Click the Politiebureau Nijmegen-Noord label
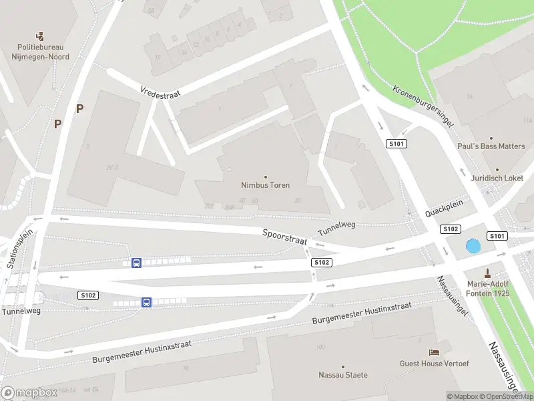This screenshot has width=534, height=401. (x=43, y=52)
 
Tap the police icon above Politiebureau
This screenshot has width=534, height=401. (x=41, y=35)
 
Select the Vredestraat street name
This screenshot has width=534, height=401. (x=160, y=93)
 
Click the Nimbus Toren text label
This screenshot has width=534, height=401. (x=266, y=185)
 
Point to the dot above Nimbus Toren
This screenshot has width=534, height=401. (x=266, y=176)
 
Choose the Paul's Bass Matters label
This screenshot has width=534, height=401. (x=491, y=146)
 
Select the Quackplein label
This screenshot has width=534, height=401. (x=443, y=213)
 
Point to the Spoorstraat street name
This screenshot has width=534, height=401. (x=284, y=237)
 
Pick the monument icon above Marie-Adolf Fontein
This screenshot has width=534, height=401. (x=488, y=272)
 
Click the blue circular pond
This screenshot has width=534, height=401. (x=473, y=246)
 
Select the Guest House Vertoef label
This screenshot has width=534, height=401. (x=434, y=364)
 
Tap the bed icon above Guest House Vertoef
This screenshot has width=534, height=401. (x=434, y=352)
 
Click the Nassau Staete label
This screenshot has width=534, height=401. (x=343, y=375)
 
